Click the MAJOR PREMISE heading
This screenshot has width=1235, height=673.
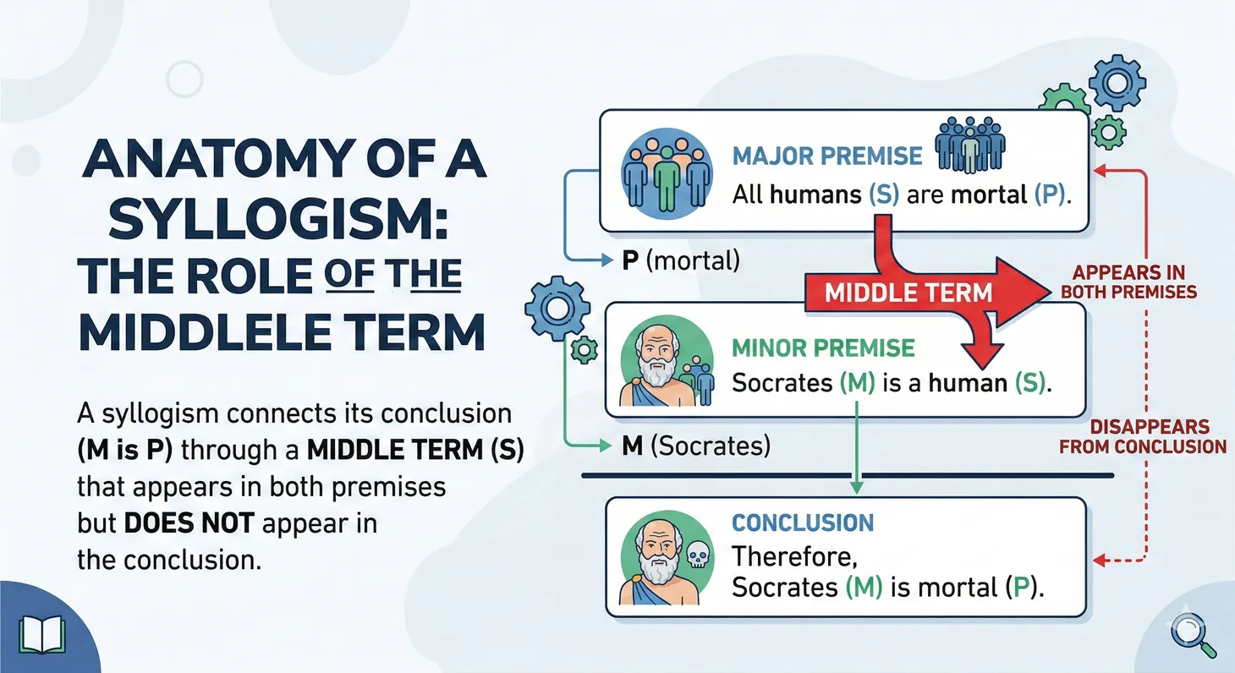(827, 156)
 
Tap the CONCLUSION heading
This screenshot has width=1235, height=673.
(802, 523)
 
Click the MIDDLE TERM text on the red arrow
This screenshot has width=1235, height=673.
(908, 293)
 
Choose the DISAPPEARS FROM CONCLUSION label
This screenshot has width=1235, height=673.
(1142, 436)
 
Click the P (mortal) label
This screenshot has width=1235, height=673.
(680, 261)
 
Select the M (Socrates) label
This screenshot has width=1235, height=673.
(695, 446)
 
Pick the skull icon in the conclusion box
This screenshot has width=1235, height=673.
(697, 554)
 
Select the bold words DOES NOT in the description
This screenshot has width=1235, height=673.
(189, 523)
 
